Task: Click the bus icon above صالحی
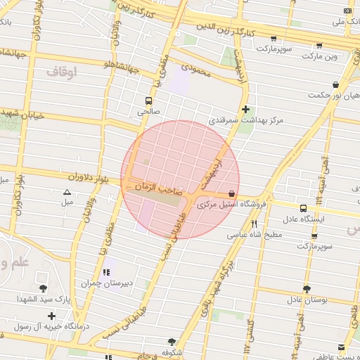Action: coord(148,101)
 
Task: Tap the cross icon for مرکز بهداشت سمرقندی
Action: coord(245,109)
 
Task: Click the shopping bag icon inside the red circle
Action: coord(232,194)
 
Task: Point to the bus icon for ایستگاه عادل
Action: coord(303,208)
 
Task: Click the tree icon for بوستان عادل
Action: coord(306,288)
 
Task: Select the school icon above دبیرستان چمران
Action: coord(106,272)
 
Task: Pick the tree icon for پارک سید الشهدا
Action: coord(43,288)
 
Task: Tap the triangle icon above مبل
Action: coord(67,191)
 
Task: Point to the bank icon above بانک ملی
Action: coord(347,11)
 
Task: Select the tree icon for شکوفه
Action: coord(172,341)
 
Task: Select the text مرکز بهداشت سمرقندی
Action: coord(245,121)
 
